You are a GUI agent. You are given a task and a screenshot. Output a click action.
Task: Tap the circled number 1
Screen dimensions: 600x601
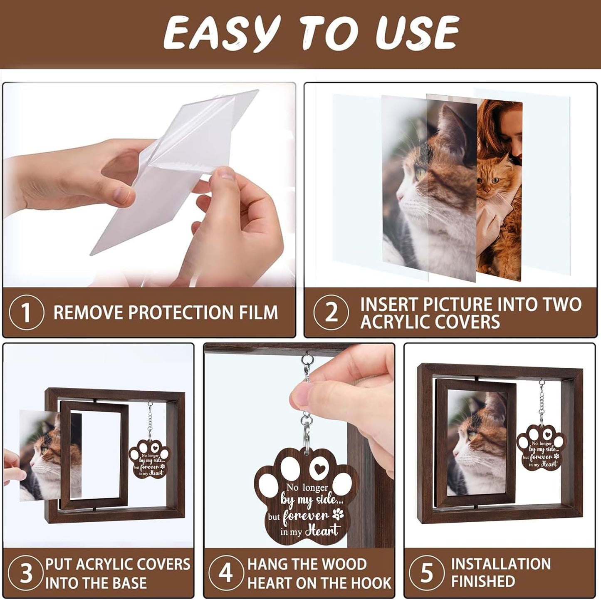pyautogui.click(x=26, y=312)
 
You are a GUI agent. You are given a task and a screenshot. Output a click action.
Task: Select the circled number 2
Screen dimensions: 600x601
pyautogui.click(x=331, y=312)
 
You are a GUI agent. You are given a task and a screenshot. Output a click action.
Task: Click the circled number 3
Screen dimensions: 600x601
pyautogui.click(x=26, y=573)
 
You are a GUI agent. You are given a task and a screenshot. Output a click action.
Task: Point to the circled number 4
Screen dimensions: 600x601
pyautogui.click(x=225, y=573)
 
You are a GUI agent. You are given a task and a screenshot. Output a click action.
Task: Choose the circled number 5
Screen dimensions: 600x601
pyautogui.click(x=427, y=573)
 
